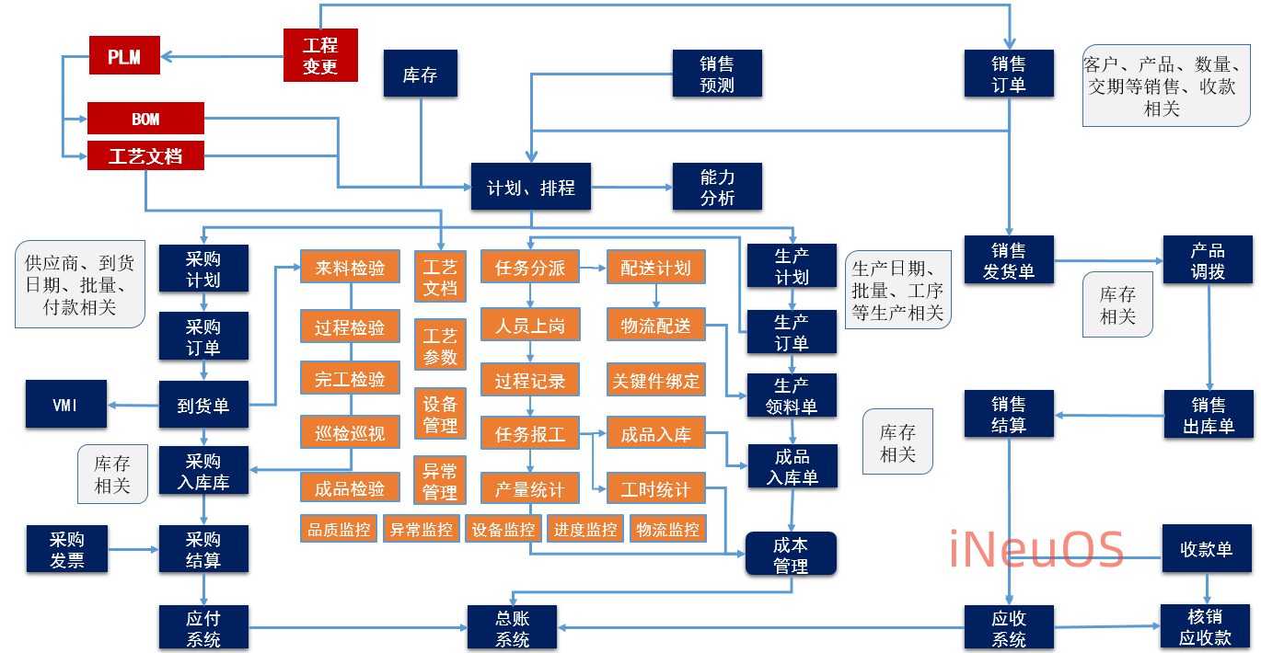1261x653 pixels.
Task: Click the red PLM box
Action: click(124, 56)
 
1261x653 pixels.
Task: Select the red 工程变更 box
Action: click(320, 55)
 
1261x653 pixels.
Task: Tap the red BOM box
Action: click(145, 119)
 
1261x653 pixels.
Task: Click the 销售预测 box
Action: click(717, 74)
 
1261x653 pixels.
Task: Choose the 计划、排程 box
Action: click(530, 188)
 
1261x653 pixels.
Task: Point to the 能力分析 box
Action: click(717, 187)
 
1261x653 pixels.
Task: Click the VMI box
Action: click(65, 405)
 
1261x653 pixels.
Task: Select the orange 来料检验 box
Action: click(350, 268)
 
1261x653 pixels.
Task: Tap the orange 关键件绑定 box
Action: click(655, 380)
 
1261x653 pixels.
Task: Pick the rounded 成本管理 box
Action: click(791, 555)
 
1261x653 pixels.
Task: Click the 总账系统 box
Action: click(513, 628)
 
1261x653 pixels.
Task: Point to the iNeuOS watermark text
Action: click(1036, 549)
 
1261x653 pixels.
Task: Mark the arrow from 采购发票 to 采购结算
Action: click(133, 550)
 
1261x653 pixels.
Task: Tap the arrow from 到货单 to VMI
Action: click(134, 405)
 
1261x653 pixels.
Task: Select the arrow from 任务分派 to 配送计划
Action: click(593, 268)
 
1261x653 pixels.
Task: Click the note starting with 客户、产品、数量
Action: click(1166, 86)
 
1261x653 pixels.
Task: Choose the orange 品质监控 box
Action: click(339, 529)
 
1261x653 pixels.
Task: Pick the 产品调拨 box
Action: click(1208, 260)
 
